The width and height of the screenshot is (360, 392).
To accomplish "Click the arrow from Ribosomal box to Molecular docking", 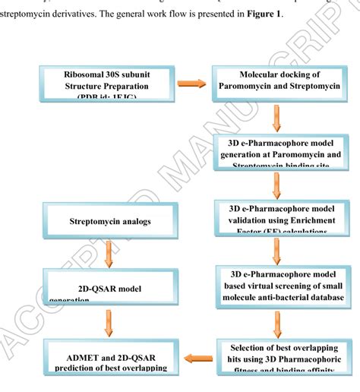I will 193,84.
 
